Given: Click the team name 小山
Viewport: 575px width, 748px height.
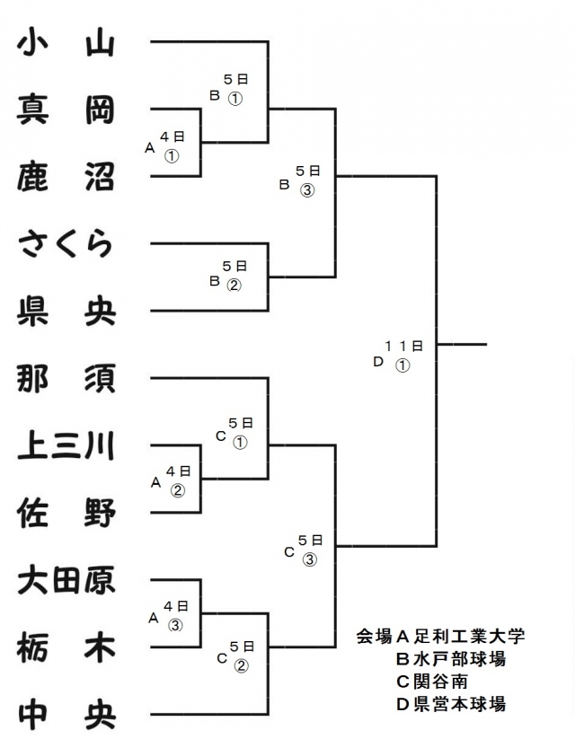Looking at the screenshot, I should pyautogui.click(x=66, y=42).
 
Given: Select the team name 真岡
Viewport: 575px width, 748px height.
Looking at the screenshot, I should pyautogui.click(x=66, y=110).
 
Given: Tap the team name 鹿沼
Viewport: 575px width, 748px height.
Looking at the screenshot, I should pyautogui.click(x=66, y=176).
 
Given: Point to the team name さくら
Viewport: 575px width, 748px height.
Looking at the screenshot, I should pyautogui.click(x=66, y=243).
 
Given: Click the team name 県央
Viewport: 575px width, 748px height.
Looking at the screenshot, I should pyautogui.click(x=66, y=311).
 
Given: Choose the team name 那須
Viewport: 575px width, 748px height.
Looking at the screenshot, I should pyautogui.click(x=66, y=378).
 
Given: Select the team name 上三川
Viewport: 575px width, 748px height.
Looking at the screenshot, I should pyautogui.click(x=66, y=445).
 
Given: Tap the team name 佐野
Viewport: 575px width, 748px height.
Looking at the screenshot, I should pyautogui.click(x=66, y=513).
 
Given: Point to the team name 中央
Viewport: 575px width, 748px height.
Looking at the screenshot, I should pyautogui.click(x=66, y=715).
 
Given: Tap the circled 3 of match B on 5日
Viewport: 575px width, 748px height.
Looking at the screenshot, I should pyautogui.click(x=308, y=189).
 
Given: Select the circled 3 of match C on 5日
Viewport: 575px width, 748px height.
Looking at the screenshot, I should pyautogui.click(x=309, y=559).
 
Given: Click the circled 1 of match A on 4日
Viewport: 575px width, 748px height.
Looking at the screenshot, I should pyautogui.click(x=172, y=155).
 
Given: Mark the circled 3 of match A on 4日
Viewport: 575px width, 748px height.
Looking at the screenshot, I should pyautogui.click(x=176, y=625).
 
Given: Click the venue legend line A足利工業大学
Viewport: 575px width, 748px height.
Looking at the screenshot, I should pyautogui.click(x=440, y=637).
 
